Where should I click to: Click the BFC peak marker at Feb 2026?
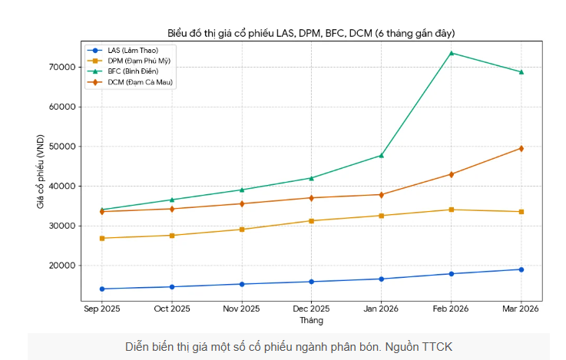pyautogui.click(x=452, y=53)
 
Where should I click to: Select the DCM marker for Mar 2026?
pyautogui.click(x=521, y=148)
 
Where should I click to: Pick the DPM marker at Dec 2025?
pyautogui.click(x=312, y=220)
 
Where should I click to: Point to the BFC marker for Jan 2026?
pyautogui.click(x=382, y=156)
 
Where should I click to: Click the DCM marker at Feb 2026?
pyautogui.click(x=452, y=174)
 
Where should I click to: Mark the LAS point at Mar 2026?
pyautogui.click(x=521, y=269)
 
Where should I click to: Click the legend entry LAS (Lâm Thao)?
pyautogui.click(x=127, y=50)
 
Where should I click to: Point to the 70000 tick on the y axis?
pyautogui.click(x=63, y=68)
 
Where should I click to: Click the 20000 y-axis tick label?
pyautogui.click(x=63, y=266)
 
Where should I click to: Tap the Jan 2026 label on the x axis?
pyautogui.click(x=382, y=309)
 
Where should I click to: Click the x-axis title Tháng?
pyautogui.click(x=311, y=320)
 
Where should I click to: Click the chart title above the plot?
pyautogui.click(x=311, y=33)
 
